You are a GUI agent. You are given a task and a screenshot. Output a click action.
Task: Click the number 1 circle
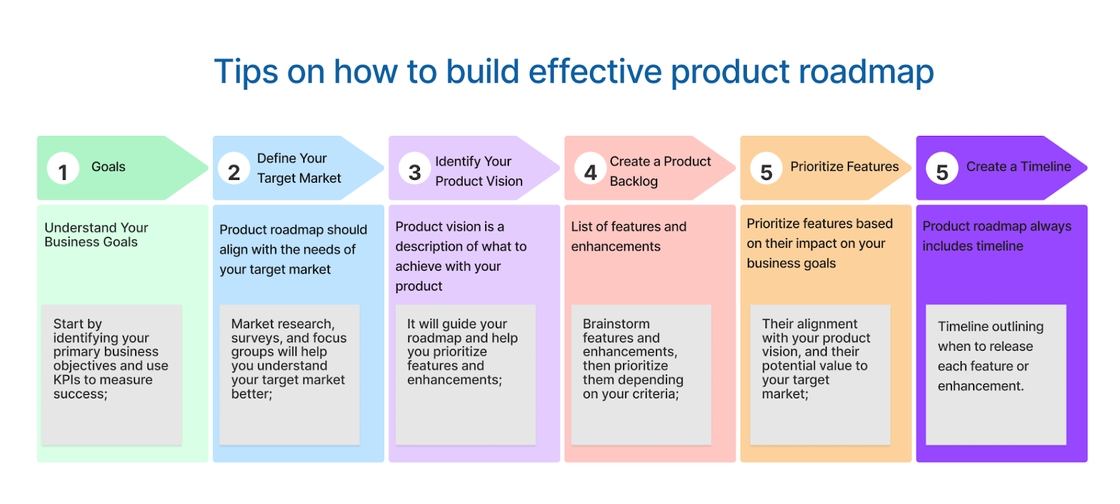click(63, 169)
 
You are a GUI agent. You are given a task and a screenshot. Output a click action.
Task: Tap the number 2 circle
click(234, 169)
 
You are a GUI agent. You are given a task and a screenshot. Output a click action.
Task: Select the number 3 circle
click(414, 169)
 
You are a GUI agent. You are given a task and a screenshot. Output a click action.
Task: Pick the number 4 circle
click(590, 169)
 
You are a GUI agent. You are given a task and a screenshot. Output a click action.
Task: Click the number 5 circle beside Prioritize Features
click(766, 169)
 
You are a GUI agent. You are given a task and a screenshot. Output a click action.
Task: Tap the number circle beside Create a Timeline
click(942, 169)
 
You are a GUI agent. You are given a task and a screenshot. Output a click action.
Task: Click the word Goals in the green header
click(108, 167)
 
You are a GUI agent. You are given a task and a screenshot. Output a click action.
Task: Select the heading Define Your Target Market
click(299, 168)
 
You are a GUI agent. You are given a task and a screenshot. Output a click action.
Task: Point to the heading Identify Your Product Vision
click(479, 171)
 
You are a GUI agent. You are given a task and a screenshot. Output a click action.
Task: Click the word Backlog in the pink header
click(633, 181)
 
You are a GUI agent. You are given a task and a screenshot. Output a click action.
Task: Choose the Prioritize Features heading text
click(844, 167)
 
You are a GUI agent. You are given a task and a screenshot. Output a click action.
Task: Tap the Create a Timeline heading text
click(1018, 167)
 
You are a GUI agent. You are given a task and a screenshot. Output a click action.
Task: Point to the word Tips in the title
click(244, 71)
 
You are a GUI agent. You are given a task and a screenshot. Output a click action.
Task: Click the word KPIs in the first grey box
click(67, 380)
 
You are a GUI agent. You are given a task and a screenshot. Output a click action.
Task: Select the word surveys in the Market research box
click(255, 338)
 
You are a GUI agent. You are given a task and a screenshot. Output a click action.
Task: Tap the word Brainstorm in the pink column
click(616, 324)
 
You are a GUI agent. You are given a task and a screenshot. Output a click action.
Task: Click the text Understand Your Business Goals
click(96, 234)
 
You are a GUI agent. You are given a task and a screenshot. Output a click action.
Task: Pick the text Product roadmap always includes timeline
click(996, 236)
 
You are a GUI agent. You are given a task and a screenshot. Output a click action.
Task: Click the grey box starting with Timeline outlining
click(995, 374)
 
